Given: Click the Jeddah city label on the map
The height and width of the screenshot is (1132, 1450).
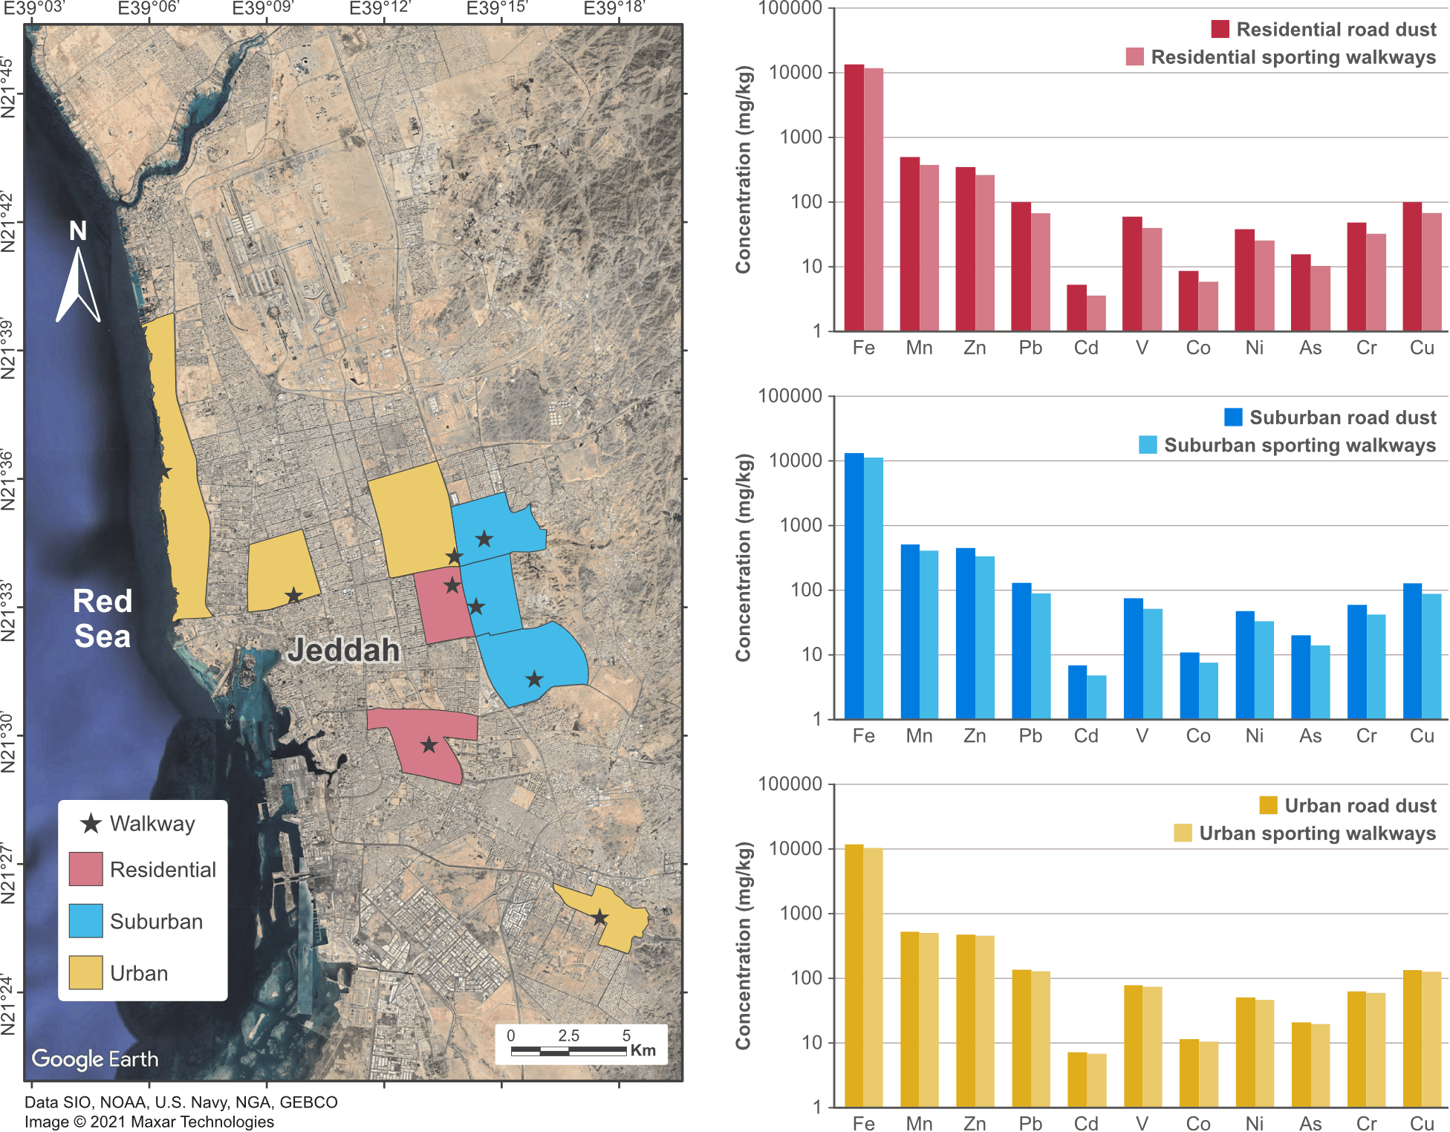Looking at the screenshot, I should pyautogui.click(x=343, y=650).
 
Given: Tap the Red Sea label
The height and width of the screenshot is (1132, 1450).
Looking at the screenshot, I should pyautogui.click(x=103, y=619).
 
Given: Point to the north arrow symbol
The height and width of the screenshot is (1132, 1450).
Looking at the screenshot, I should pyautogui.click(x=78, y=282).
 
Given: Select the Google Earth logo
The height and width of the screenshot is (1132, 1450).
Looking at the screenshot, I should pyautogui.click(x=94, y=1058).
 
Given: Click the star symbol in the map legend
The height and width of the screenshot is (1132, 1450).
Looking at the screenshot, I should pyautogui.click(x=91, y=823).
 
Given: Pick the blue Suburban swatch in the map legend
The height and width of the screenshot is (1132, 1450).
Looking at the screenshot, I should pyautogui.click(x=85, y=921).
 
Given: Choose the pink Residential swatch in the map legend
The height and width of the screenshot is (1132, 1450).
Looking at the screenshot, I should pyautogui.click(x=85, y=869).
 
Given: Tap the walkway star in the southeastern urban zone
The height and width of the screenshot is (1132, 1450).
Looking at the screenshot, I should pyautogui.click(x=599, y=918).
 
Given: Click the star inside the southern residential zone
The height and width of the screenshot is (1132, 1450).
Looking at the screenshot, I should pyautogui.click(x=429, y=744).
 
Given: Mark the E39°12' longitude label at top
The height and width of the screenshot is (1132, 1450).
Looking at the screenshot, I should pyautogui.click(x=380, y=8).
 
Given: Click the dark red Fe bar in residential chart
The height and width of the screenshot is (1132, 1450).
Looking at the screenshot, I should pyautogui.click(x=854, y=197).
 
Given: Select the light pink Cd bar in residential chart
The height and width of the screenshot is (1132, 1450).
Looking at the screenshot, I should pyautogui.click(x=1096, y=313).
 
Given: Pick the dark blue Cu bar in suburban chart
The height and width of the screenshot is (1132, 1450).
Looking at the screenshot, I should pyautogui.click(x=1413, y=651).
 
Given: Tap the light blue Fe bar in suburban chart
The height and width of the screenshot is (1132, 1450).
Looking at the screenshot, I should pyautogui.click(x=874, y=588).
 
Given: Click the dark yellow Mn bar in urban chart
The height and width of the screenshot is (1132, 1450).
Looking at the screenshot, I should pyautogui.click(x=910, y=1018).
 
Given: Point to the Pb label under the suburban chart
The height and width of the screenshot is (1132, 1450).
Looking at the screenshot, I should pyautogui.click(x=1031, y=736).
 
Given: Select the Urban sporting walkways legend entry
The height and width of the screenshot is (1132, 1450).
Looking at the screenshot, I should pyautogui.click(x=1304, y=833).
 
